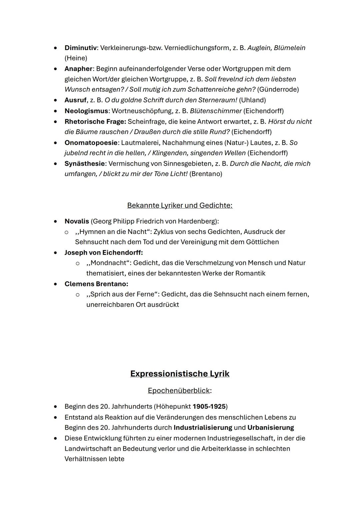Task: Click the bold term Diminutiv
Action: [80, 48]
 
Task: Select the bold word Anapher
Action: [78, 69]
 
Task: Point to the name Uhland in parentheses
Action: [252, 100]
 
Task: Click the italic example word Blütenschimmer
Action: [215, 111]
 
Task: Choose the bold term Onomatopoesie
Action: [91, 143]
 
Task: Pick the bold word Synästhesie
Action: [85, 164]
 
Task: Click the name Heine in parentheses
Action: [76, 58]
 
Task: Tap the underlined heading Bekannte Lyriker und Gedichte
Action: [180, 205]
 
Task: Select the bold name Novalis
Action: [77, 221]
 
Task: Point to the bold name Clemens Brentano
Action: [96, 284]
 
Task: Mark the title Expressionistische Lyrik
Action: [180, 374]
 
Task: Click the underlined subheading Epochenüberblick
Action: [179, 390]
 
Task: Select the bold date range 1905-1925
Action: [209, 407]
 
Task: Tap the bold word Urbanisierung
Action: [270, 428]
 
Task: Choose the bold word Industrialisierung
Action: [203, 428]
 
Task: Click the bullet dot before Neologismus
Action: [56, 111]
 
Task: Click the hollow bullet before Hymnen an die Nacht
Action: [67, 232]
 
